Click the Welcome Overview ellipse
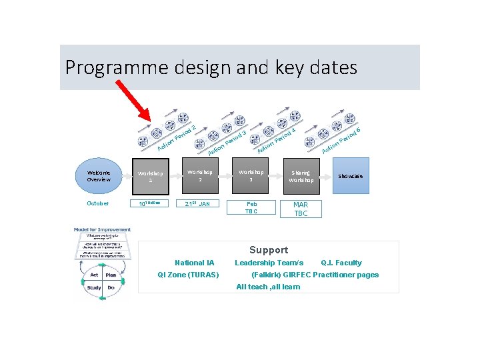pos(98,175)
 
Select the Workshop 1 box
pos(151,176)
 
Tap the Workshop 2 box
pos(199,176)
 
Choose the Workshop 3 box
pos(251,176)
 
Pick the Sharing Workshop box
pos(301,176)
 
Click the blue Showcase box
pos(351,176)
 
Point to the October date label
pos(97,203)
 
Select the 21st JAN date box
pos(199,203)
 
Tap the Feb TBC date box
pos(251,207)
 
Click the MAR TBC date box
pos(301,209)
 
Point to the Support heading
pos(269,250)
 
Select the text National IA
pos(194,263)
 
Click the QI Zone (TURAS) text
pos(188,275)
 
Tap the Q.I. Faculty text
pos(341,263)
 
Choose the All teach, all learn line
pos(268,287)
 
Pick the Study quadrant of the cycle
pos(93,288)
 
